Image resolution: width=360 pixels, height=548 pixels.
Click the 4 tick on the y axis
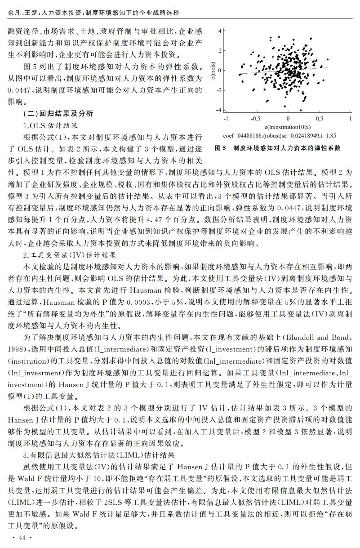220,31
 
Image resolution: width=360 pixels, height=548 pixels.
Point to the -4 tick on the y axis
218,110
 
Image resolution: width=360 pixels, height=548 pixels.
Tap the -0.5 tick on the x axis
255,118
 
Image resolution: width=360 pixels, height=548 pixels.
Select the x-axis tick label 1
350,118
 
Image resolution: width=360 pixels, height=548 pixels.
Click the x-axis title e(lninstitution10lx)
288,127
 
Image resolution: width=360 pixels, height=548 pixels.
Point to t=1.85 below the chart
328,135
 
